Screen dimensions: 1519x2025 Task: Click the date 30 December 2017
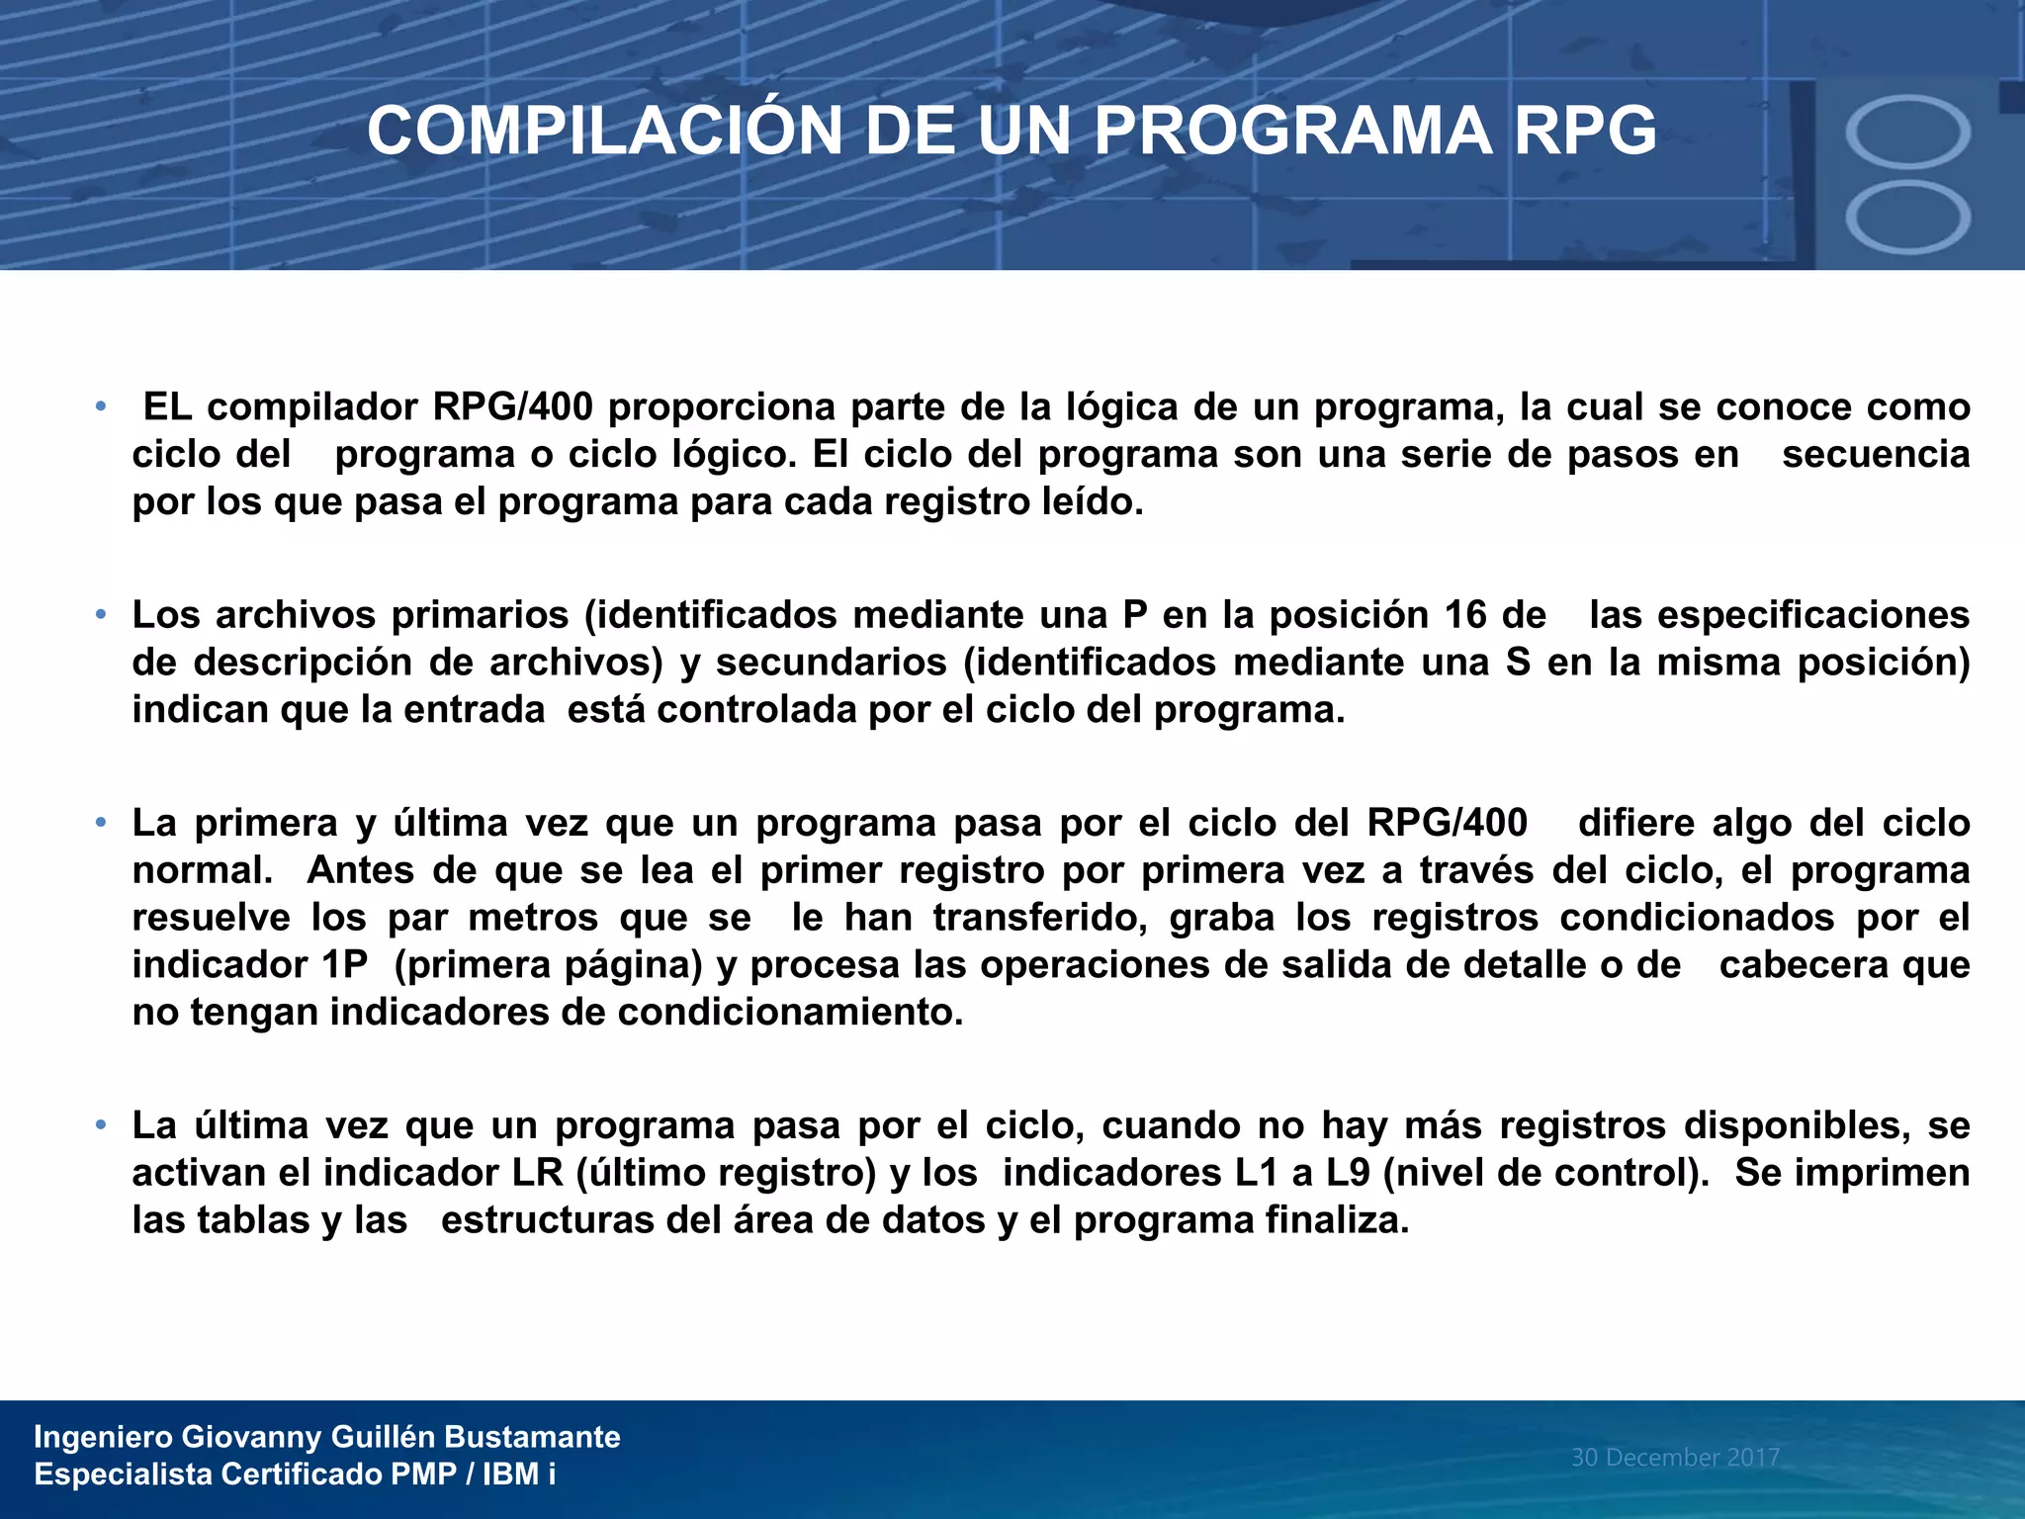point(1675,1457)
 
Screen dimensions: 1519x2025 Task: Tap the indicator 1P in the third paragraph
point(345,965)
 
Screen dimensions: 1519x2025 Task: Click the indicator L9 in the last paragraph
point(1348,1173)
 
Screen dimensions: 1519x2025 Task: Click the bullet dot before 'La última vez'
point(100,1125)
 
